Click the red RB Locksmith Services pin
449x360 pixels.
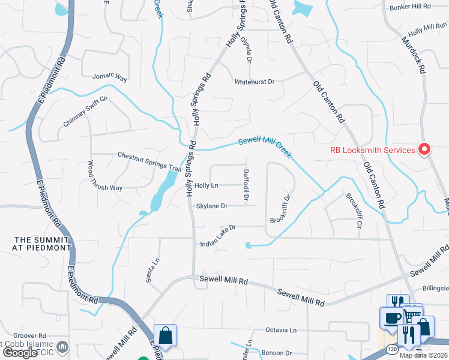tap(425, 149)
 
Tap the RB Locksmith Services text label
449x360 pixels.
tap(373, 150)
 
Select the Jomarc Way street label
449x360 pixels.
tap(110, 77)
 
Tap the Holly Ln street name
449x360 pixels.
tap(206, 186)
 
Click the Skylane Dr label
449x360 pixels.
tap(212, 206)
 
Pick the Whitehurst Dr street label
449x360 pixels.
tap(254, 82)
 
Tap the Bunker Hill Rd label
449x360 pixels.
tap(410, 7)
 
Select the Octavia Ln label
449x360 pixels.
tap(281, 331)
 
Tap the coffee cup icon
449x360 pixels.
tap(392, 318)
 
